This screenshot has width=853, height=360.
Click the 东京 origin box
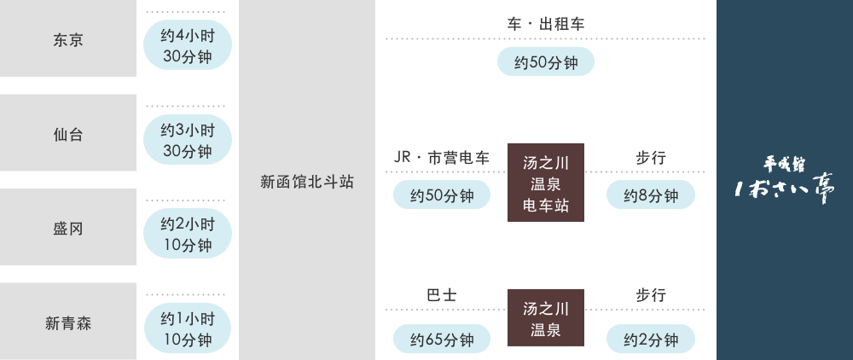[x=68, y=40]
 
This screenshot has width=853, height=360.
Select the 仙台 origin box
[x=68, y=134]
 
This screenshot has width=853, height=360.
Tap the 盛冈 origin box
[x=68, y=229]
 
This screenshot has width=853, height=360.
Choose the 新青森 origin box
[x=68, y=322]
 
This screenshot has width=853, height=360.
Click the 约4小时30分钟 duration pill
[x=187, y=48]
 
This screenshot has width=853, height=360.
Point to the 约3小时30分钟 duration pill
[x=187, y=142]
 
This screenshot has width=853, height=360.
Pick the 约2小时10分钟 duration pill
[x=187, y=235]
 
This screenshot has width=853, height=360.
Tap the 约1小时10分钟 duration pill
[x=187, y=329]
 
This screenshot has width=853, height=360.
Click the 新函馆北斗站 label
[x=307, y=182]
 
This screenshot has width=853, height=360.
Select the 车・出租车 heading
[x=546, y=24]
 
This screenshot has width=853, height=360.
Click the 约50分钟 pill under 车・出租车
[x=546, y=62]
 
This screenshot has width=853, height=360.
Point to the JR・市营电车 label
[x=442, y=158]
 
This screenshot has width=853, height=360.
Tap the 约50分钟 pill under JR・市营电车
[x=442, y=196]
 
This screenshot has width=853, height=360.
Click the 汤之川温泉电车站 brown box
[x=546, y=183]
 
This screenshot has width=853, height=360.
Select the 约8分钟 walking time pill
[x=651, y=196]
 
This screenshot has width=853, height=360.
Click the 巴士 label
[x=442, y=294]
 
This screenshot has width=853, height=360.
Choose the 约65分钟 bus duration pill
[x=442, y=340]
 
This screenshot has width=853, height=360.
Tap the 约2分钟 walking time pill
[x=651, y=340]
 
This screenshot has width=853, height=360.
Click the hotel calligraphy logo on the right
[x=785, y=180]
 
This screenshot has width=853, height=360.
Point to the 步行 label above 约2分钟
[x=651, y=294]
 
